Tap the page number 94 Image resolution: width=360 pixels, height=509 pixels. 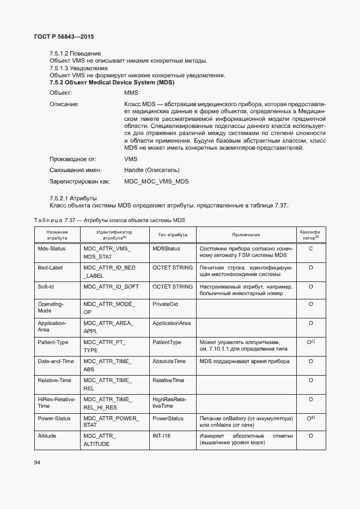(38, 462)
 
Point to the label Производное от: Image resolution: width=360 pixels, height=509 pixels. (72, 159)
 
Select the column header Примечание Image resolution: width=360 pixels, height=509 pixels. (246, 235)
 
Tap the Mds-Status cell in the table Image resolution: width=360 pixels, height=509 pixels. (51, 248)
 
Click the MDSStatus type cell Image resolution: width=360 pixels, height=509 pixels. (166, 248)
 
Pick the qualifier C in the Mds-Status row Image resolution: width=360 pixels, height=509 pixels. (310, 248)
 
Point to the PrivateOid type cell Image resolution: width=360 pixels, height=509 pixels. (166, 304)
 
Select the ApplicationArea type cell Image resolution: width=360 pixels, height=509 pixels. (172, 323)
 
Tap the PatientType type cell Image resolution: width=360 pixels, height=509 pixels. (167, 342)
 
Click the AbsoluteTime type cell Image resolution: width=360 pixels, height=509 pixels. (169, 361)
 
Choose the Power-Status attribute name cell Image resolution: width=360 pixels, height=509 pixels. (54, 418)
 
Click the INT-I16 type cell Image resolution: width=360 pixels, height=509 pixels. (162, 436)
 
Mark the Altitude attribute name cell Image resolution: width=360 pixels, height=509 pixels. (47, 436)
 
